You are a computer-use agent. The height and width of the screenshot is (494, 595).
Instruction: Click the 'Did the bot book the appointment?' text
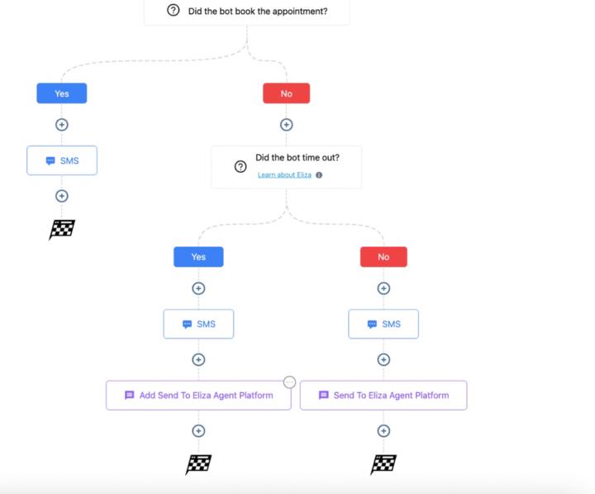click(x=258, y=11)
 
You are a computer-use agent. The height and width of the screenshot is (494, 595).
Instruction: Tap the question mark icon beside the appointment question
click(x=173, y=11)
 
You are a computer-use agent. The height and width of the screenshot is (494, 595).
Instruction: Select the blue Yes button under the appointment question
click(x=62, y=94)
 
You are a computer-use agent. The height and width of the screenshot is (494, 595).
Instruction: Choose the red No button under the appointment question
click(x=286, y=94)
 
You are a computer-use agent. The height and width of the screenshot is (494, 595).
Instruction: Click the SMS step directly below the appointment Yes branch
click(x=62, y=161)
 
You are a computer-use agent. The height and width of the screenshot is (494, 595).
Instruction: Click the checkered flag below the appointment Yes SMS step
click(x=62, y=229)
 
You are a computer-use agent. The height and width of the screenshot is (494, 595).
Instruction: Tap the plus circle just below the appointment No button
click(x=286, y=125)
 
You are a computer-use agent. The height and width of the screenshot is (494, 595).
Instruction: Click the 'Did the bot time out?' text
click(x=297, y=158)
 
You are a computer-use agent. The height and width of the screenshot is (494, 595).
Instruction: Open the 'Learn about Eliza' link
click(x=284, y=175)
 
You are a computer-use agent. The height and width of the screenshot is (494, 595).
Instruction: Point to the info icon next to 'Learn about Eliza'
click(x=319, y=175)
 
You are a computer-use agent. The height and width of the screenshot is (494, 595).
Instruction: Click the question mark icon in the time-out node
click(x=240, y=166)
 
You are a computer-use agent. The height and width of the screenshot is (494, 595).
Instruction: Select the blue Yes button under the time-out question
click(x=198, y=257)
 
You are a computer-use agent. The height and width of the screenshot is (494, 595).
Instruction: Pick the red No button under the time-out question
click(x=383, y=257)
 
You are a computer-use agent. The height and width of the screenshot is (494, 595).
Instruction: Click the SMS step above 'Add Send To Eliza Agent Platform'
click(x=198, y=324)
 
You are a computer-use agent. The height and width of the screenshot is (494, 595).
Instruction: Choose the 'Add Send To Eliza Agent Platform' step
click(x=199, y=396)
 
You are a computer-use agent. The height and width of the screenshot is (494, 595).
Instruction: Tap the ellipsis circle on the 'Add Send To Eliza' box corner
click(x=289, y=381)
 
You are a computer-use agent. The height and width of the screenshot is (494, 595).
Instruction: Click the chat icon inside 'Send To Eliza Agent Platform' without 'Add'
click(x=323, y=396)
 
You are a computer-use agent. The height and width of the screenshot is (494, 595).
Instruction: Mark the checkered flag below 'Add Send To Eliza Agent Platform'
click(x=198, y=464)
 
